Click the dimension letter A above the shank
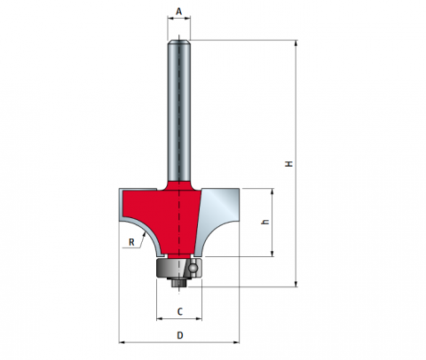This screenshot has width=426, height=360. pos(178,12)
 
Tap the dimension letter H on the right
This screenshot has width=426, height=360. pos(288,163)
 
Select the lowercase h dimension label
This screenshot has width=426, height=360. pos(265,222)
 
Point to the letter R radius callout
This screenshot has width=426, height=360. pos(131,242)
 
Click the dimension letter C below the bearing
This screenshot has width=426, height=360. pos(180,311)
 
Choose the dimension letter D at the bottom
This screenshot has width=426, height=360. pos(180,335)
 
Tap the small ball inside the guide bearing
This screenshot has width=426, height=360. pos(193,268)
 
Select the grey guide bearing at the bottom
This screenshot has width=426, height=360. pos(179,269)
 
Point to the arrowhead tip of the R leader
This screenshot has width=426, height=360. pos(146,232)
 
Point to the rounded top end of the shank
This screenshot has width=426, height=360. pos(179,42)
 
